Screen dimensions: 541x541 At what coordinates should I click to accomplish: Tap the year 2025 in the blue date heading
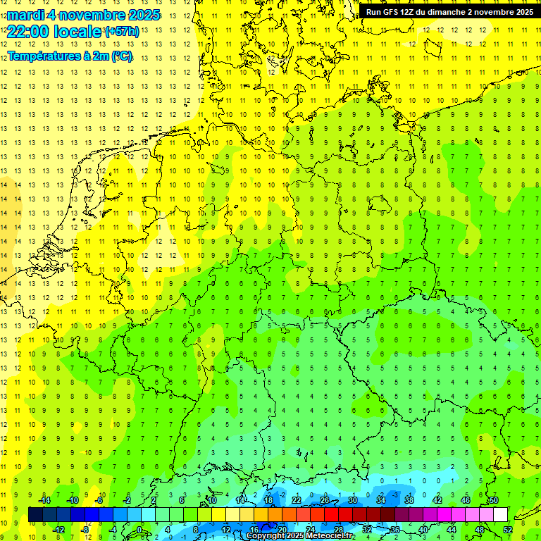click(143, 15)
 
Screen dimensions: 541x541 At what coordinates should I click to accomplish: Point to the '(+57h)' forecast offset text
click(122, 32)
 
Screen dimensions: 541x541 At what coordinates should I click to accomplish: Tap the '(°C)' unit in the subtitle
click(121, 56)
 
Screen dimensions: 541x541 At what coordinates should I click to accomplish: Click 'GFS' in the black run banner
click(389, 12)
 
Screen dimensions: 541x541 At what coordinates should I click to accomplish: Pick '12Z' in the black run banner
click(408, 12)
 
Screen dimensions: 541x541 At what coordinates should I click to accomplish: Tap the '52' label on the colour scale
click(508, 530)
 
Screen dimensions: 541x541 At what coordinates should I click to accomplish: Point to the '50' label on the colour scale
click(493, 500)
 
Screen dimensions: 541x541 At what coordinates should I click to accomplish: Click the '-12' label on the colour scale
click(58, 530)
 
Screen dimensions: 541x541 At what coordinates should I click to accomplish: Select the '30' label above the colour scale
click(353, 500)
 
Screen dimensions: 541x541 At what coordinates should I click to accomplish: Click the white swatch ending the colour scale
click(500, 515)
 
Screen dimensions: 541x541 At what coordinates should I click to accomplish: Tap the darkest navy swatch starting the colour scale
click(35, 515)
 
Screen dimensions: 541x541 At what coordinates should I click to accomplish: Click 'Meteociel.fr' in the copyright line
click(330, 536)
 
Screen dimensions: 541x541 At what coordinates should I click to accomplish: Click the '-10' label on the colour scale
click(73, 500)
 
